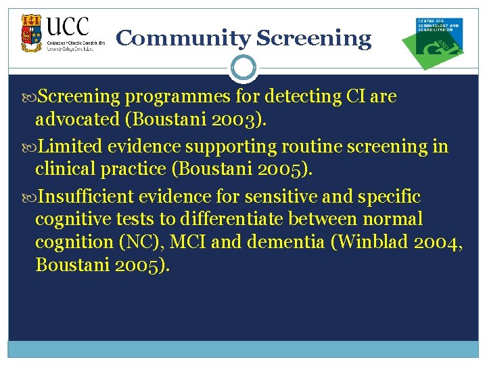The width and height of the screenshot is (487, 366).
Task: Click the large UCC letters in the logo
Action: pyautogui.click(x=68, y=26)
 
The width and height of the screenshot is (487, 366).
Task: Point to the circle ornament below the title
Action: pyautogui.click(x=243, y=68)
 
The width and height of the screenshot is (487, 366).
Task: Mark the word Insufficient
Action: pyautogui.click(x=87, y=197)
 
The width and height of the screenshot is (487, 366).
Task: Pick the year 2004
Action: pyautogui.click(x=440, y=242)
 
